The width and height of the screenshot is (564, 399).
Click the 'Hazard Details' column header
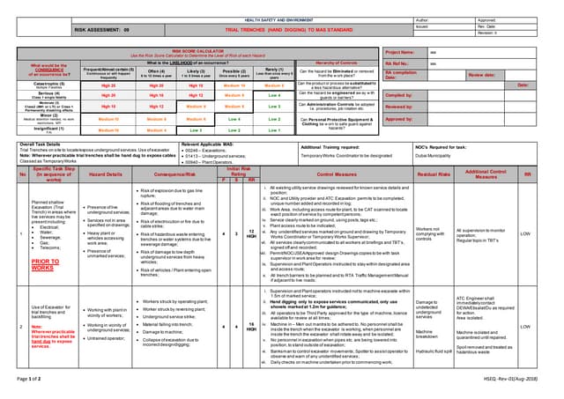pos(105,174)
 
